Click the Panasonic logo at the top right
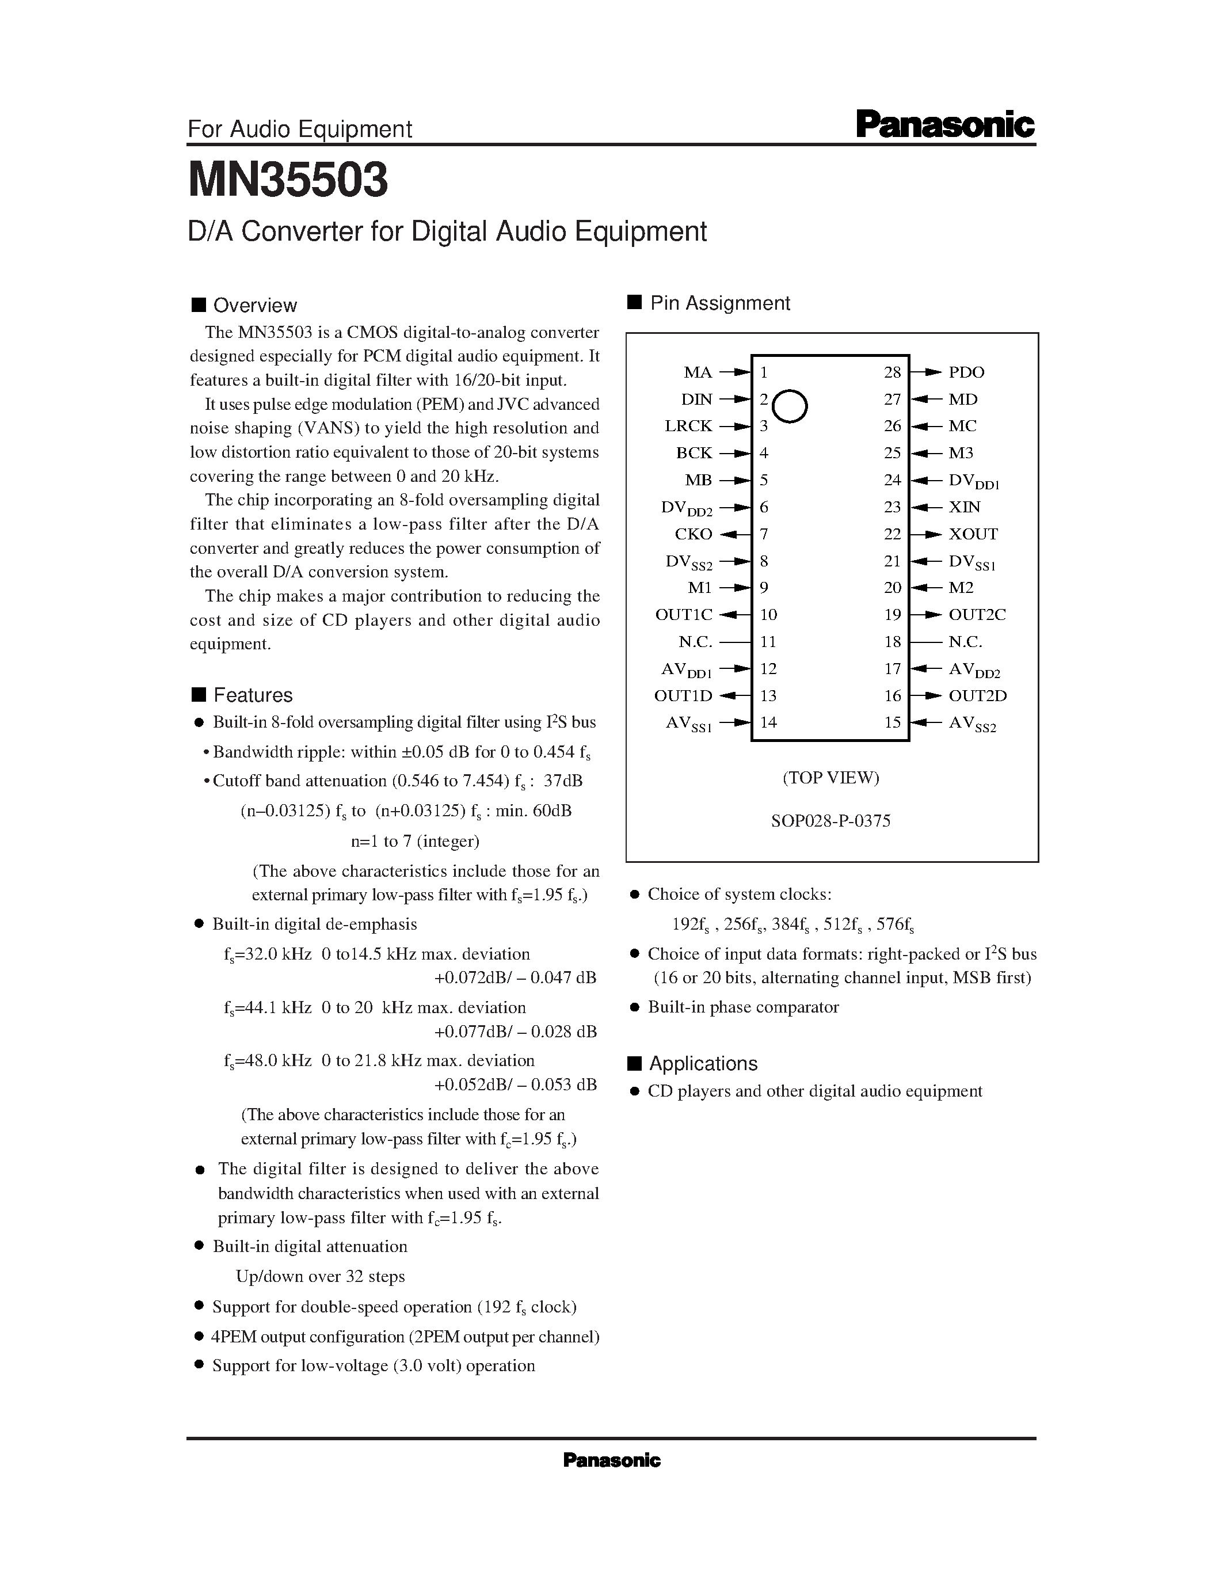(945, 125)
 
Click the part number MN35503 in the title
(288, 180)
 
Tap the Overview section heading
(254, 305)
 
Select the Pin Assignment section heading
(719, 303)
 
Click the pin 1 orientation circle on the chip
(790, 406)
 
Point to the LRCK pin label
(688, 426)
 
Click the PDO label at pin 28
(966, 372)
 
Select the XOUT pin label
(973, 534)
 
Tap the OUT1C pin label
(683, 615)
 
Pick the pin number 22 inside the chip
(892, 534)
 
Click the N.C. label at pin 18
(965, 641)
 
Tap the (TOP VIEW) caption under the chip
(830, 778)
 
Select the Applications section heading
(703, 1063)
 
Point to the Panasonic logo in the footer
(611, 1460)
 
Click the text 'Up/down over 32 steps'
(320, 1276)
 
